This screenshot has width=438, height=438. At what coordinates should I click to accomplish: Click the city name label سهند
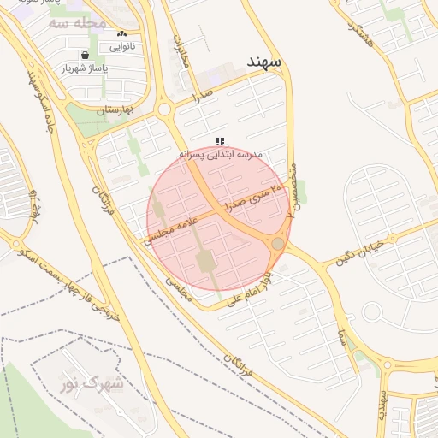[x=263, y=62]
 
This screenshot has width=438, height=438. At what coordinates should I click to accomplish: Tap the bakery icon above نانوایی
[x=121, y=33]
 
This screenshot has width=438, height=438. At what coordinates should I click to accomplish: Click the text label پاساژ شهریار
[x=86, y=68]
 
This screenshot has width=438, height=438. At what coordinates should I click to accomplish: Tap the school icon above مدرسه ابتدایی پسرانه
[x=220, y=141]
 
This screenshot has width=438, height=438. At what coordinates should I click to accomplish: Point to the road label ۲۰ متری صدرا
[x=252, y=197]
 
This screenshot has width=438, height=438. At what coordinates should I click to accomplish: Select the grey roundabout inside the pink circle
[x=277, y=245]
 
